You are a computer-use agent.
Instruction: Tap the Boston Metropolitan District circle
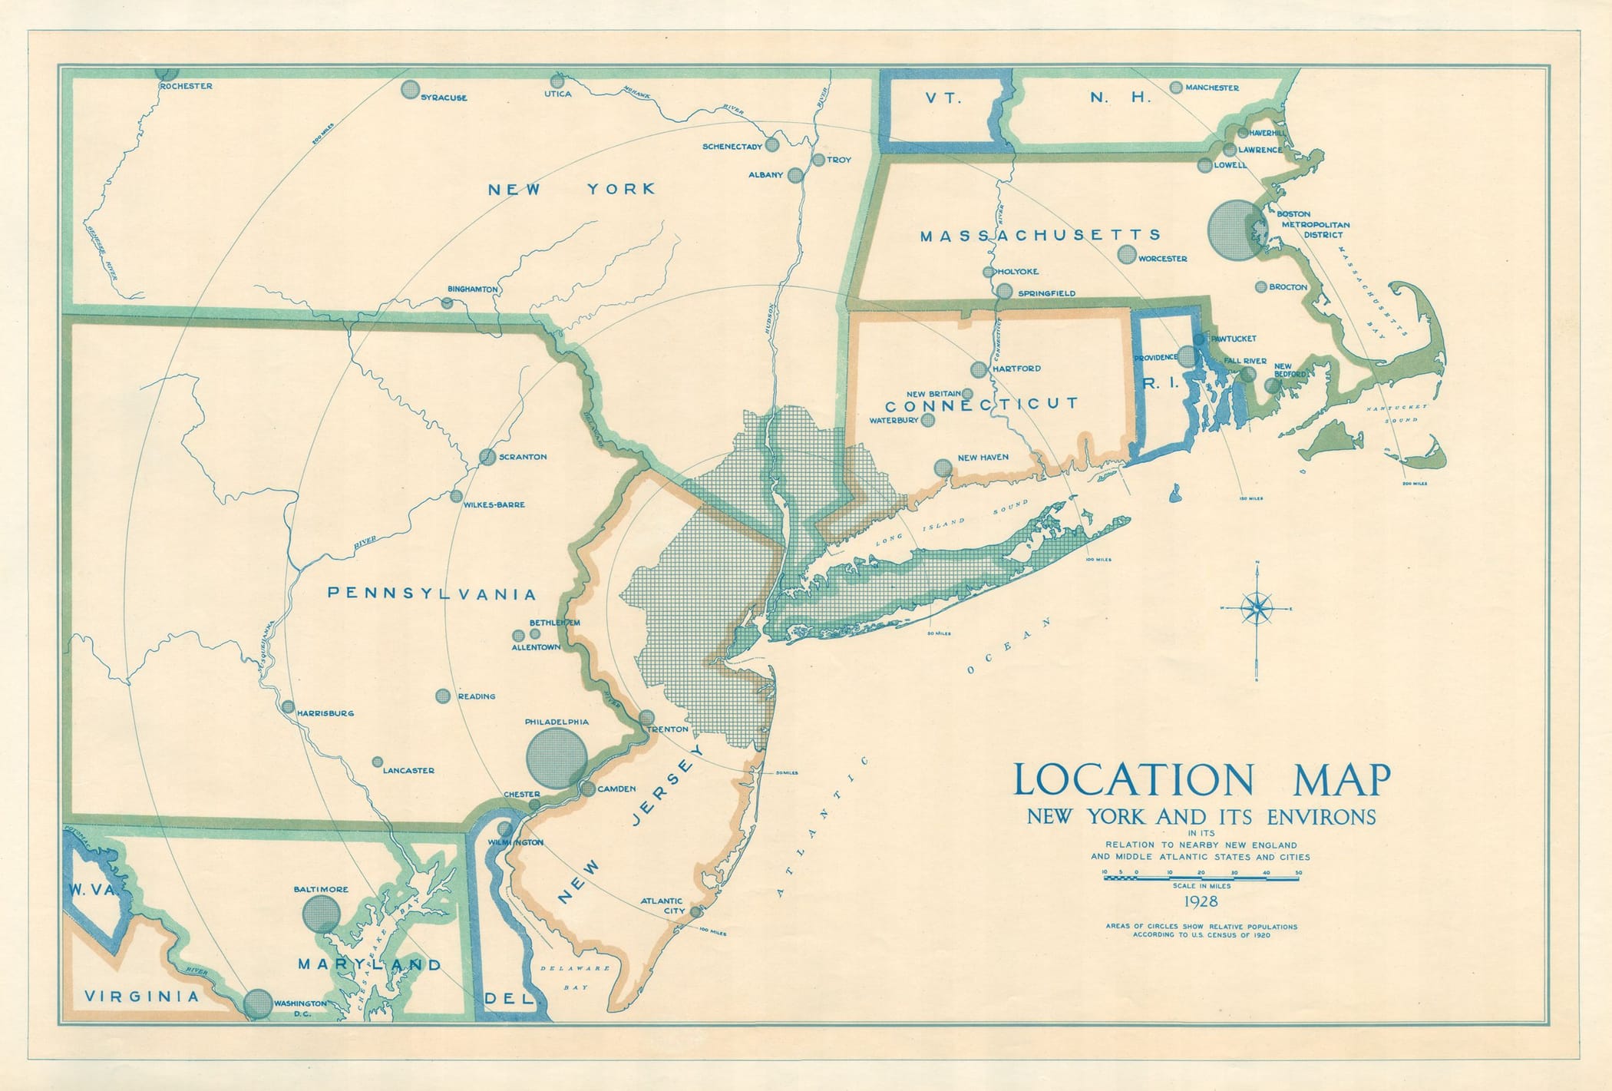(x=1235, y=229)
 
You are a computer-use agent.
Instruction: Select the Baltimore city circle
(x=321, y=914)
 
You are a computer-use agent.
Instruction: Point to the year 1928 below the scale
(x=1201, y=901)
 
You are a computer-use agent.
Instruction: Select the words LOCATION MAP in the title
(x=1201, y=779)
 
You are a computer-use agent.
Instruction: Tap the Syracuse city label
(x=444, y=98)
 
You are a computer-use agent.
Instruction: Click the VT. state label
(x=942, y=98)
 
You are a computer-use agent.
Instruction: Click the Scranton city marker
(x=487, y=457)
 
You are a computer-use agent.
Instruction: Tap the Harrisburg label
(x=325, y=713)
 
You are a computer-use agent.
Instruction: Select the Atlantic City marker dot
(x=695, y=912)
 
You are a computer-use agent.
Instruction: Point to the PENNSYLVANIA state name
(x=432, y=593)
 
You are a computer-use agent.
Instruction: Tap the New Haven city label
(x=983, y=458)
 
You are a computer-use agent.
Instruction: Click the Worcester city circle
(x=1127, y=254)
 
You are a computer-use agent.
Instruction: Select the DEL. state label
(x=509, y=999)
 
